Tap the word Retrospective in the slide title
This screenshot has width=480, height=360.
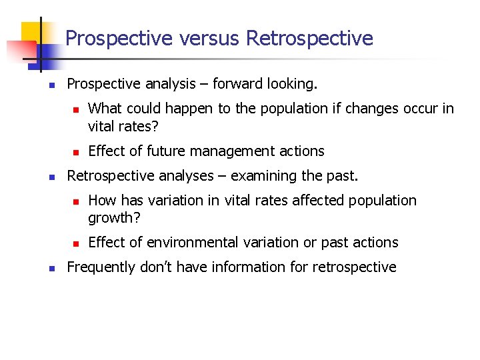click(x=309, y=39)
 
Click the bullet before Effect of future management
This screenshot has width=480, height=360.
click(x=76, y=152)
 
